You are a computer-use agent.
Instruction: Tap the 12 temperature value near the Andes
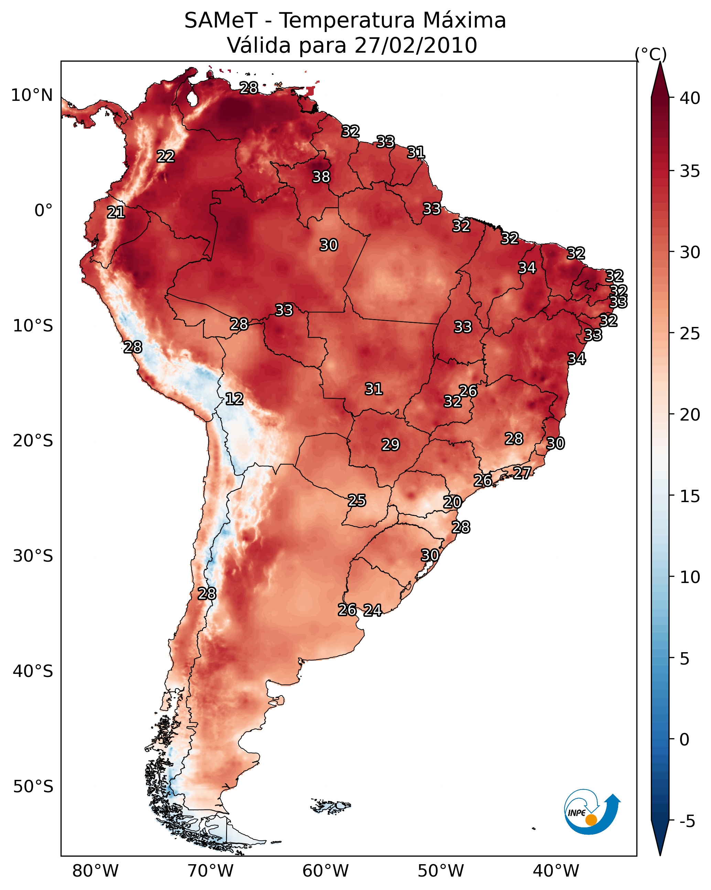[x=234, y=399]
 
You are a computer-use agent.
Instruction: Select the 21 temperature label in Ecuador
[x=116, y=212]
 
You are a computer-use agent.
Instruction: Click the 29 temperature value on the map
[x=390, y=445]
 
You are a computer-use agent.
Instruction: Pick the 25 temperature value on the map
[x=356, y=500]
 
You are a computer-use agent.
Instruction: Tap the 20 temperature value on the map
[x=452, y=502]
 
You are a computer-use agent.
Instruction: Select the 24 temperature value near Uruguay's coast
[x=373, y=610]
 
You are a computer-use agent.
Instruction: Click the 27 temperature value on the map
[x=522, y=473]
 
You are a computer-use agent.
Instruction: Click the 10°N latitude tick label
[x=32, y=95]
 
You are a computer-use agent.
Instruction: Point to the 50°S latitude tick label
[x=33, y=787]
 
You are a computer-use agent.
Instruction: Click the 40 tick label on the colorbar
[x=690, y=98]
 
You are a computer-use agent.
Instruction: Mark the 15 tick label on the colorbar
[x=690, y=496]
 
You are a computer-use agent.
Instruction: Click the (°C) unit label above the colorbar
[x=651, y=54]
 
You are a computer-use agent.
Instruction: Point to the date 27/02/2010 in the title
[x=416, y=45]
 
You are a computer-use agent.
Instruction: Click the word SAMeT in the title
[x=221, y=20]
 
